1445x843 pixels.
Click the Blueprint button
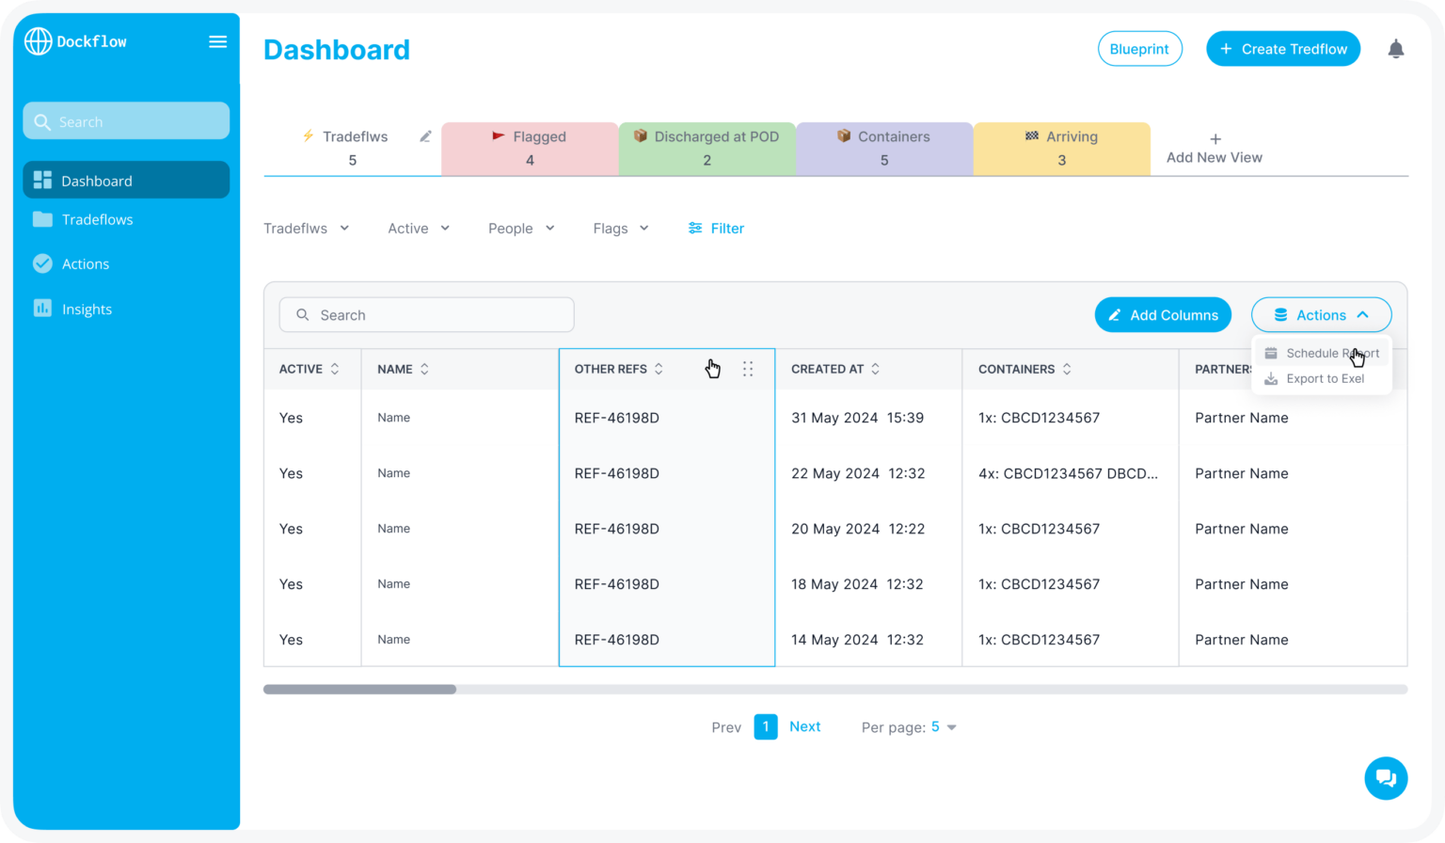point(1139,49)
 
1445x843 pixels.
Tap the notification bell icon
point(1395,49)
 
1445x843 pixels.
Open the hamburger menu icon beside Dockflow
point(217,41)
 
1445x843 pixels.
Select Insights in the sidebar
point(87,309)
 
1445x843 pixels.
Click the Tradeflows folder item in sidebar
point(97,219)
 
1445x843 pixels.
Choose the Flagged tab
point(530,148)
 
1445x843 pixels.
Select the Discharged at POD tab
point(707,148)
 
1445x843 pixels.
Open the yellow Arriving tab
point(1061,148)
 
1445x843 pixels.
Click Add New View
point(1214,149)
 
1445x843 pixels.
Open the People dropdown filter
point(521,228)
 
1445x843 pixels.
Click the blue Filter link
point(716,228)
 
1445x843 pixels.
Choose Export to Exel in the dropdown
point(1324,378)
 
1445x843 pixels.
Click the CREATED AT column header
point(827,369)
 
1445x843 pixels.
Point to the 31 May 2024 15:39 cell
point(857,418)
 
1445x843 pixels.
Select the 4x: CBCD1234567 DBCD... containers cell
point(1068,473)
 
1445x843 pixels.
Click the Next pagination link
point(804,726)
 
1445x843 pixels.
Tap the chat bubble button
point(1385,778)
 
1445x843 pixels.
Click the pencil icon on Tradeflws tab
point(425,136)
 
